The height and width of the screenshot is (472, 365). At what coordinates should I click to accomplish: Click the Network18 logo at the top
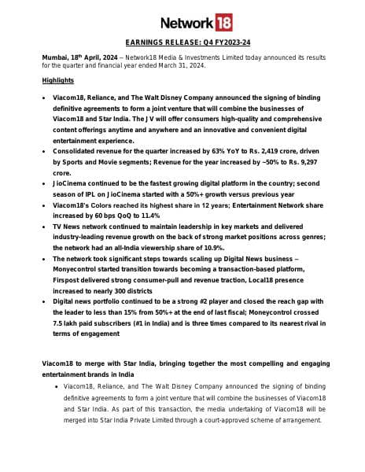[x=182, y=22]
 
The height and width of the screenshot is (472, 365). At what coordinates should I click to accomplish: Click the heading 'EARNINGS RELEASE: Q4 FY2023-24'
[x=182, y=43]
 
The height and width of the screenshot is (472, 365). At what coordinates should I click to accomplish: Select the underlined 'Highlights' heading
[x=57, y=80]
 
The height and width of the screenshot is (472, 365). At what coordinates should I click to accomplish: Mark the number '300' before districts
[x=138, y=289]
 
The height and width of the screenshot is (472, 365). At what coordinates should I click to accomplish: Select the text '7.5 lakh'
[x=68, y=322]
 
